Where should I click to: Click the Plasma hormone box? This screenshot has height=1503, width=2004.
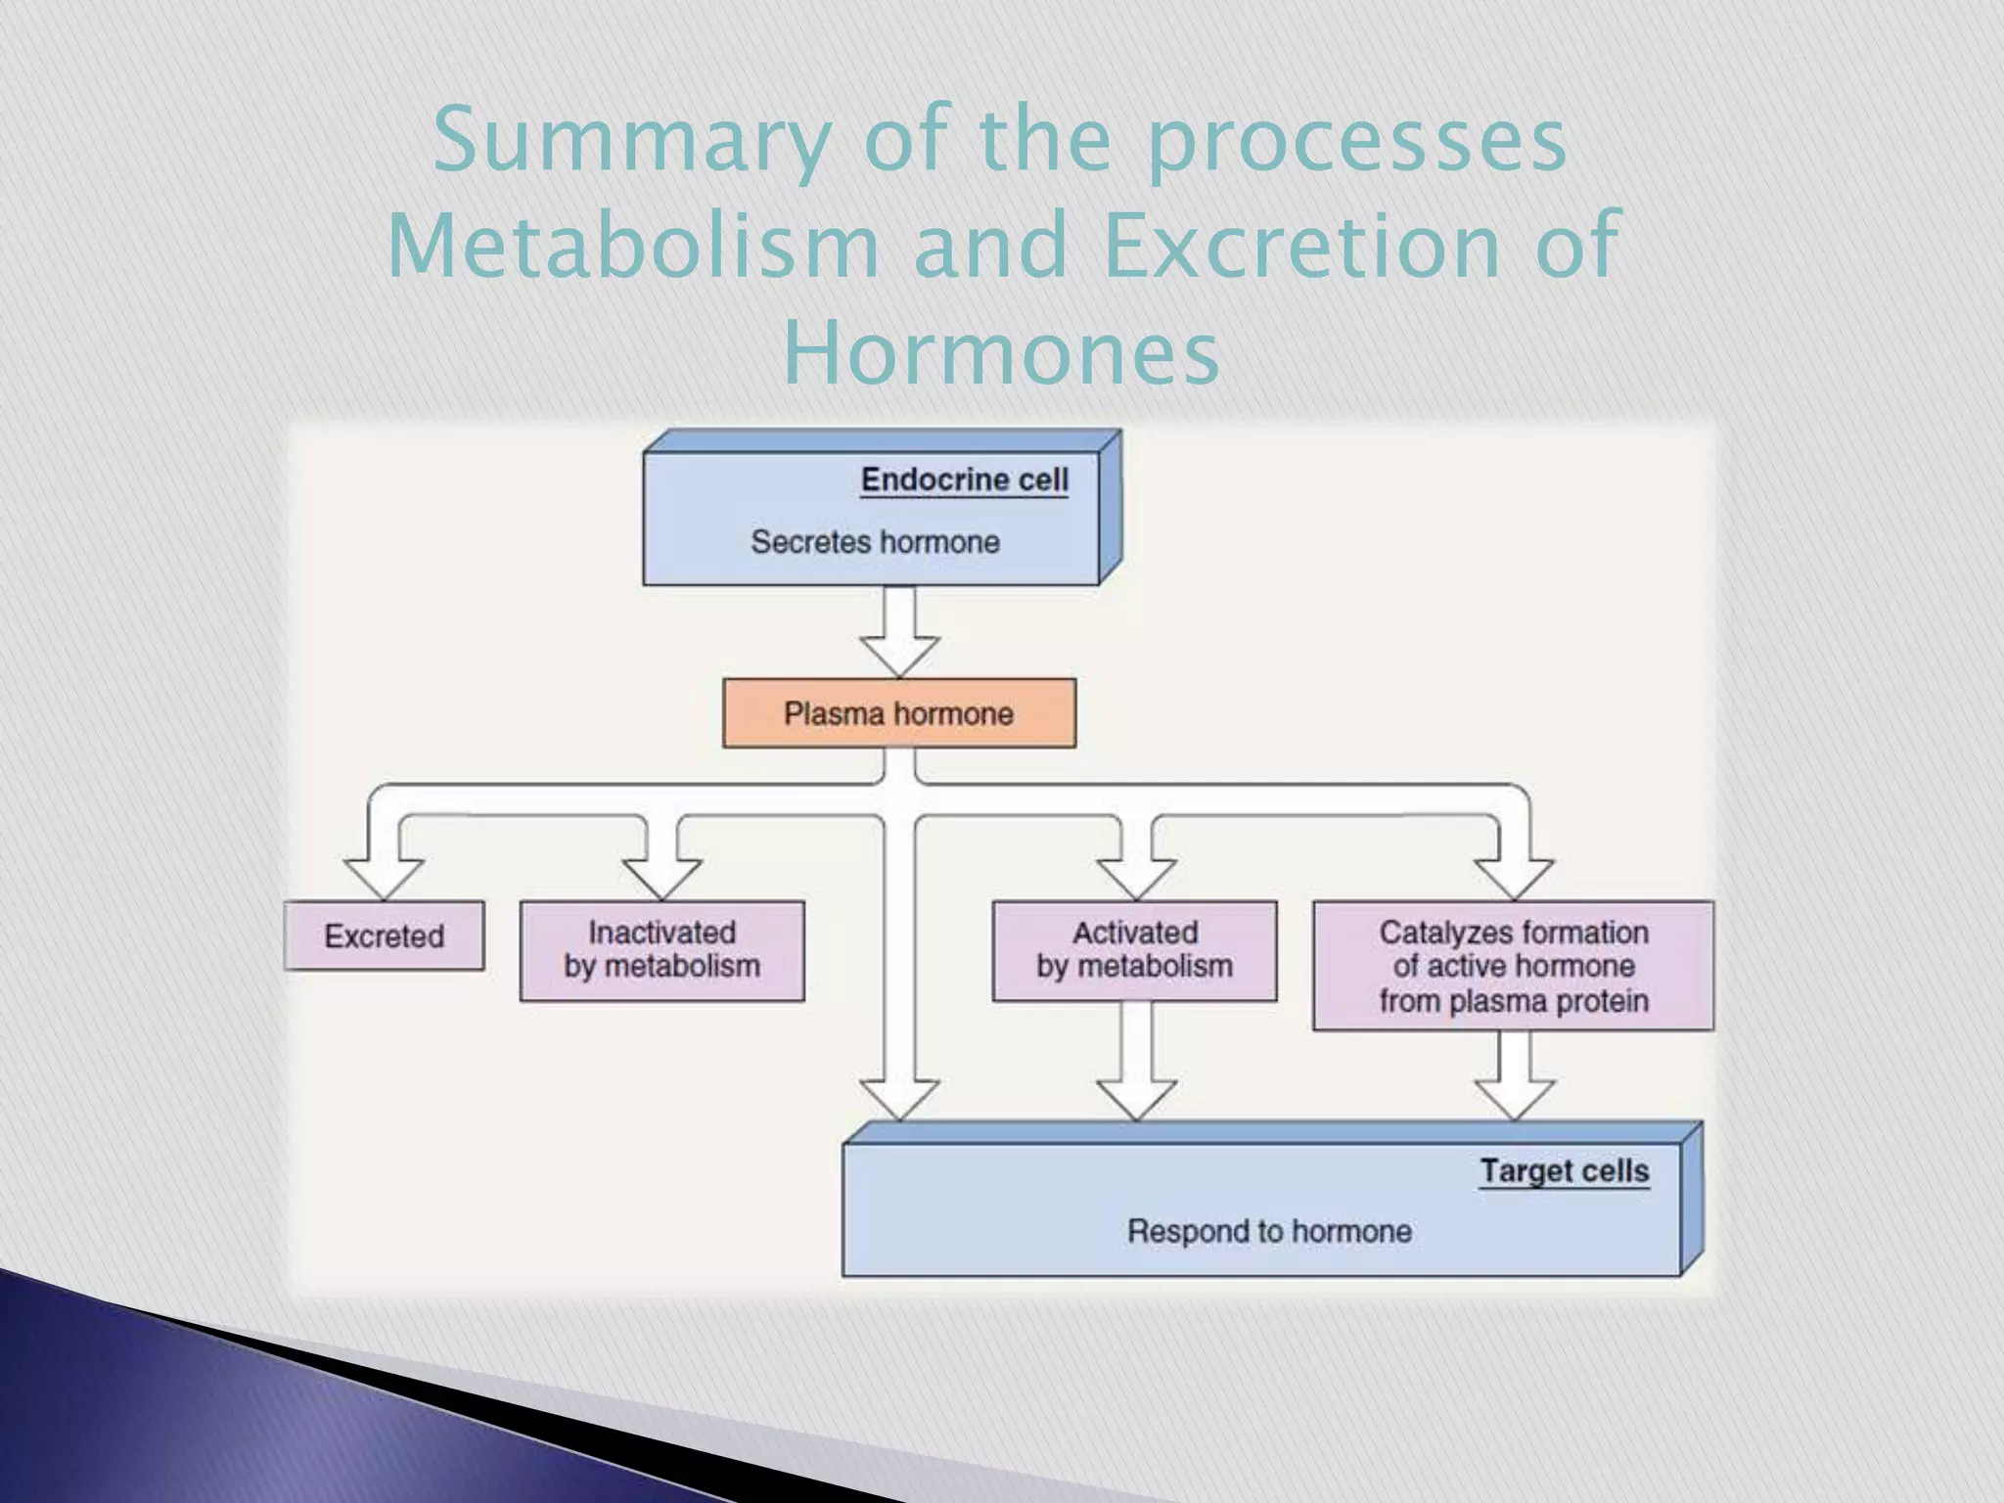click(x=898, y=713)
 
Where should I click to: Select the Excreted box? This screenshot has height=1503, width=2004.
click(x=384, y=935)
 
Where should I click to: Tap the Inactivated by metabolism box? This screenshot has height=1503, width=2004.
click(x=661, y=950)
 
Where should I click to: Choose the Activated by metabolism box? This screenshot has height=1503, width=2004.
click(x=1134, y=950)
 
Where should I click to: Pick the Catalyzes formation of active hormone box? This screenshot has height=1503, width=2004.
click(x=1513, y=966)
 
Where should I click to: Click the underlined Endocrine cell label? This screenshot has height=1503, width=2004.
click(x=964, y=479)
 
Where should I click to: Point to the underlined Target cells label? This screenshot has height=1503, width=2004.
click(x=1564, y=1170)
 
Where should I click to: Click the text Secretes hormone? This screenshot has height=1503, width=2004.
click(x=875, y=541)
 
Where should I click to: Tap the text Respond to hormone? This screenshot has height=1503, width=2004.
click(x=1269, y=1231)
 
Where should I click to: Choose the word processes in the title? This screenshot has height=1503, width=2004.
click(x=1357, y=142)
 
